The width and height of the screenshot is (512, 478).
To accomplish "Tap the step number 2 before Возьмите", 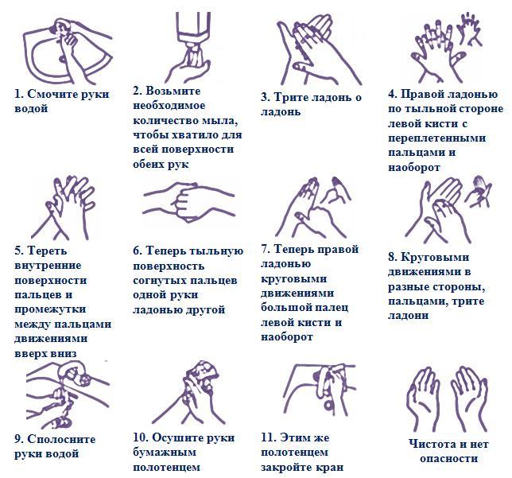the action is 137,91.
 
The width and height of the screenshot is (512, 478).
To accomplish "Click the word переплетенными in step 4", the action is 437,138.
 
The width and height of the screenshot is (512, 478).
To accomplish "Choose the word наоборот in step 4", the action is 414,168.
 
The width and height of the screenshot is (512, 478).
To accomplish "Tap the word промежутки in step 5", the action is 50,309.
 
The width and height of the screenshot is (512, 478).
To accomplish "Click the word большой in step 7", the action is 281,308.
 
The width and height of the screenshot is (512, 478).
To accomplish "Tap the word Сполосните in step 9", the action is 61,439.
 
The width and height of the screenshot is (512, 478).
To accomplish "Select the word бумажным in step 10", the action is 165,453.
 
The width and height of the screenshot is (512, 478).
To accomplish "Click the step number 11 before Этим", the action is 267,437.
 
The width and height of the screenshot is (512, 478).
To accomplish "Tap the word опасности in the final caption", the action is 448,458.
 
